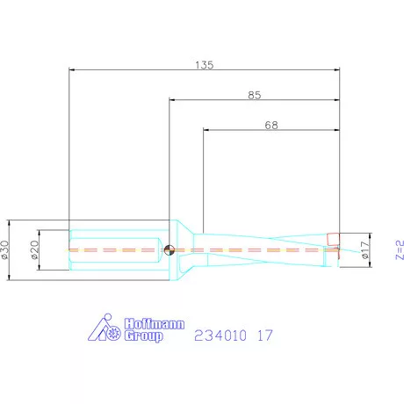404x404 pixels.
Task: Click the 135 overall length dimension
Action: pyautogui.click(x=205, y=65)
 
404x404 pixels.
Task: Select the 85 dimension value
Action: pyautogui.click(x=255, y=95)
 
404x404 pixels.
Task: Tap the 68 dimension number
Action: pyautogui.click(x=272, y=126)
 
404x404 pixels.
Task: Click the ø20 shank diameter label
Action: pyautogui.click(x=34, y=249)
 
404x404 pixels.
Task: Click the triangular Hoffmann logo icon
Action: pyautogui.click(x=108, y=328)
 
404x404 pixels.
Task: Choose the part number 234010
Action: pyautogui.click(x=221, y=335)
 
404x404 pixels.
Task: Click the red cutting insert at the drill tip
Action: pyautogui.click(x=333, y=239)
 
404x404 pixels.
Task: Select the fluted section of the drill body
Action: pyautogui.click(x=263, y=249)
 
